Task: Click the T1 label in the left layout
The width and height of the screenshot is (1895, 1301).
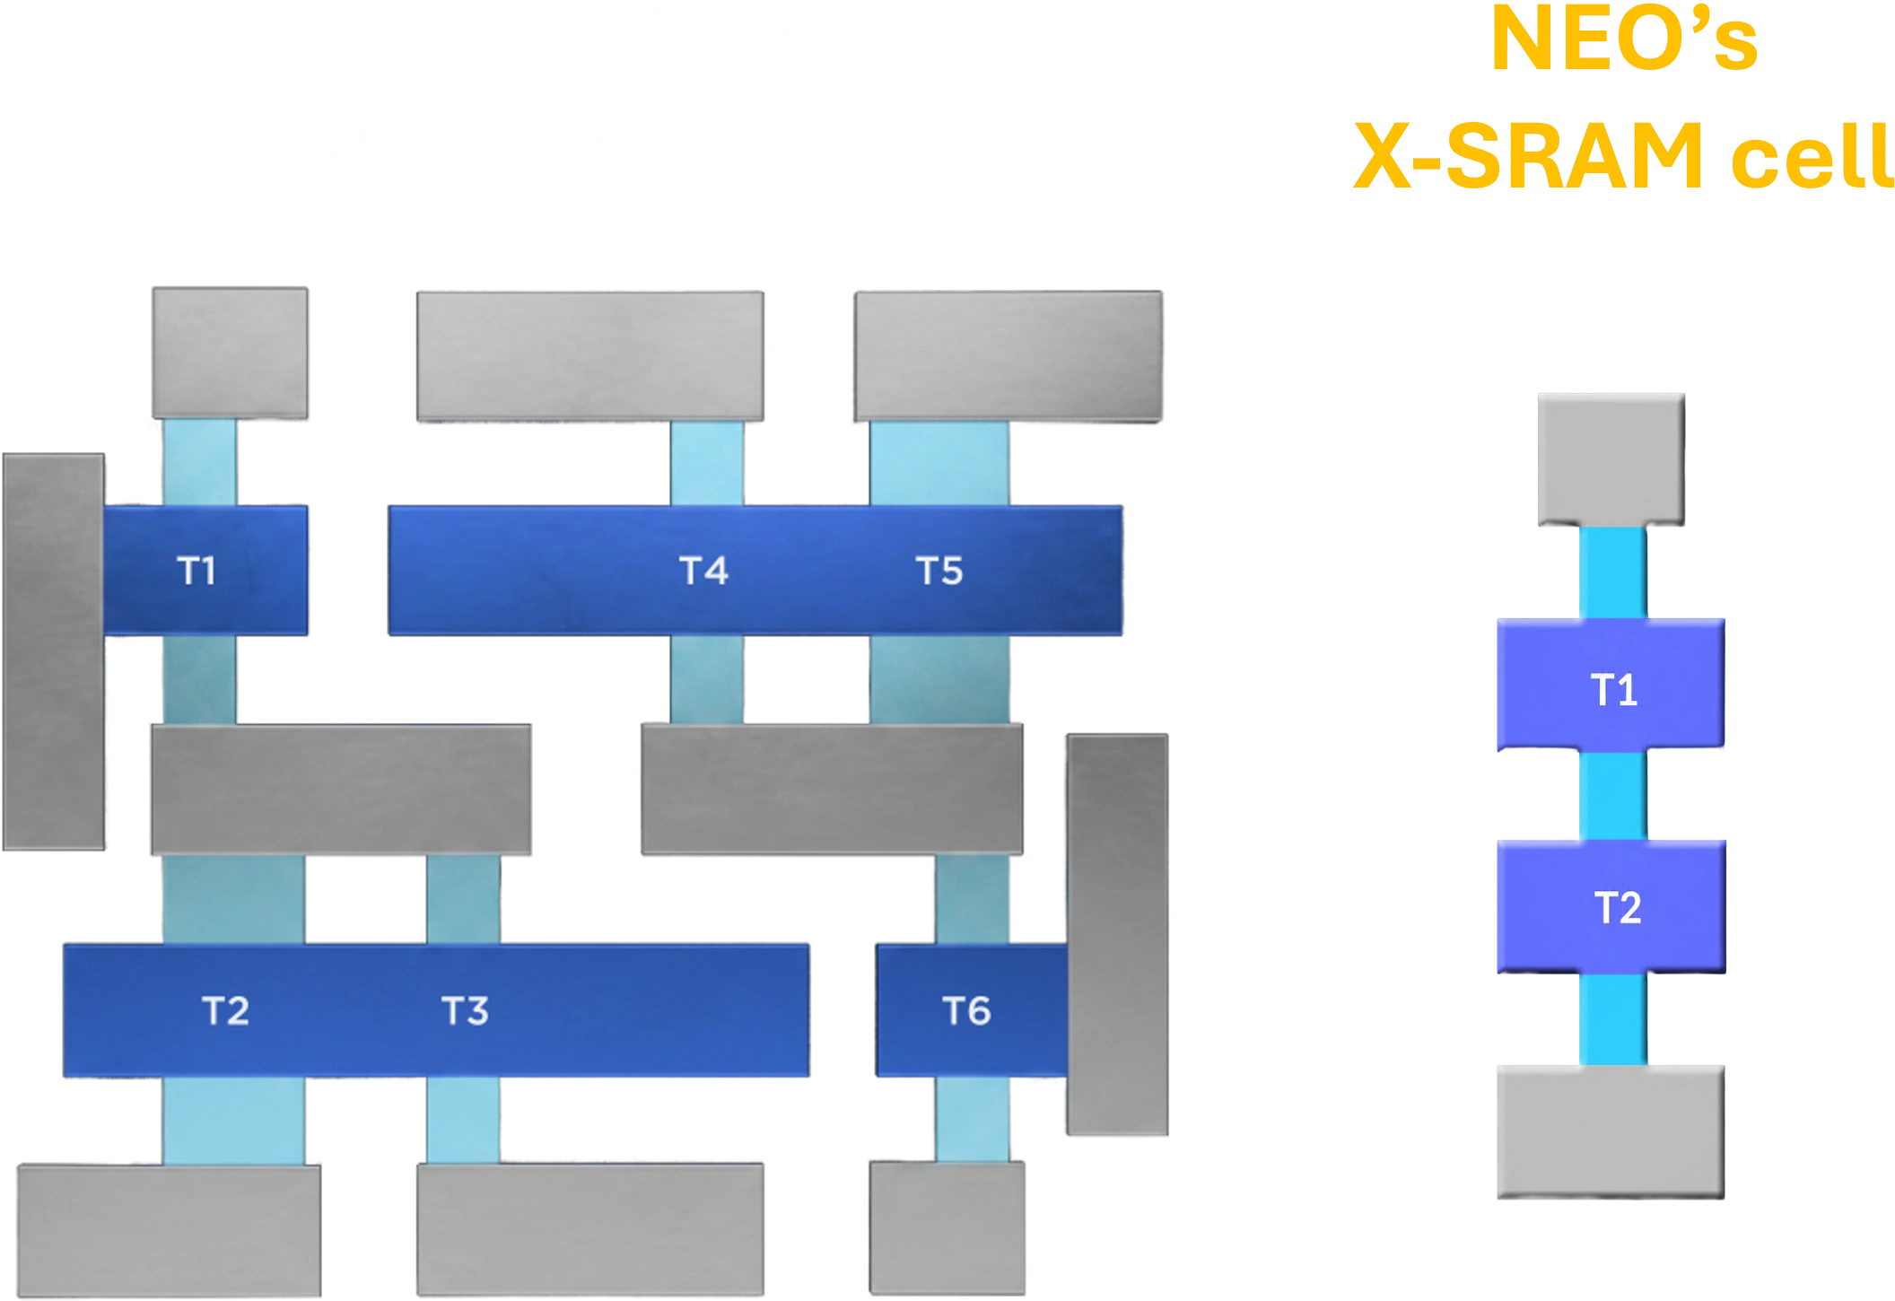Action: coord(196,571)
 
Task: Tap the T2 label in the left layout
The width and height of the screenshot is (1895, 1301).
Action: coord(225,1011)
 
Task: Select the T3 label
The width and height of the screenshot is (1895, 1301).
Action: coord(465,1011)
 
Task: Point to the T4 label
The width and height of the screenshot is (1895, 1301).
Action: coord(703,571)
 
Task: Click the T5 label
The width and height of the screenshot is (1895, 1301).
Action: coord(939,571)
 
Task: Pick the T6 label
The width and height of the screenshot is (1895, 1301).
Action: coord(966,1011)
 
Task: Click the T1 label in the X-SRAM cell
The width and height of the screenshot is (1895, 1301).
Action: coord(1614,690)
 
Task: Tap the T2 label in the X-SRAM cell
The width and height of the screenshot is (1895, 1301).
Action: coord(1618,908)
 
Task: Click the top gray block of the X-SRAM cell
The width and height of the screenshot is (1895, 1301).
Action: coord(1611,459)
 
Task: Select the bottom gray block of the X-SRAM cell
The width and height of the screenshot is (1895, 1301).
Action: coord(1611,1132)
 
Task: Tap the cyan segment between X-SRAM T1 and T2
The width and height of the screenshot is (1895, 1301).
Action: coord(1613,795)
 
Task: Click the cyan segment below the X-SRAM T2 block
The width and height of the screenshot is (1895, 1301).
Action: coord(1613,1019)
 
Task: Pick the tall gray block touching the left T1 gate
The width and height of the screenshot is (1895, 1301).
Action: coord(54,651)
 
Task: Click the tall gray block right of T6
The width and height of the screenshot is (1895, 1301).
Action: coord(1117,934)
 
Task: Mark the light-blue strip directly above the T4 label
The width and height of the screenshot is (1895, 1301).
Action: coord(707,463)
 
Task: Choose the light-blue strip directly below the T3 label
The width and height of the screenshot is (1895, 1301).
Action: coord(463,1120)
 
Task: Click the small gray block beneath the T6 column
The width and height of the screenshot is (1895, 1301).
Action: coord(947,1227)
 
